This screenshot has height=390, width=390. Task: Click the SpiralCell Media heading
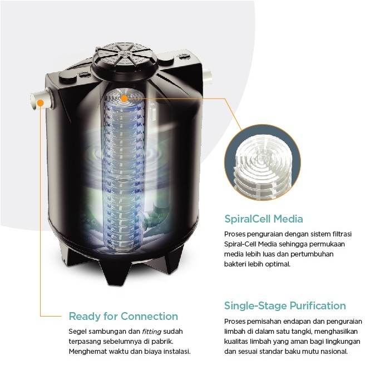[263, 219]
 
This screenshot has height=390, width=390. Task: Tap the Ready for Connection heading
[123, 317]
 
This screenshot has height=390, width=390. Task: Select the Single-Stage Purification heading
[285, 305]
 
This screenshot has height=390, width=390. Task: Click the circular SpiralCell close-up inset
[262, 162]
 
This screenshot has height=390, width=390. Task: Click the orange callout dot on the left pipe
[40, 101]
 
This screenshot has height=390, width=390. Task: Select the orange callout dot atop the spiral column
[124, 98]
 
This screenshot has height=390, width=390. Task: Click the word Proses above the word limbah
[235, 322]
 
